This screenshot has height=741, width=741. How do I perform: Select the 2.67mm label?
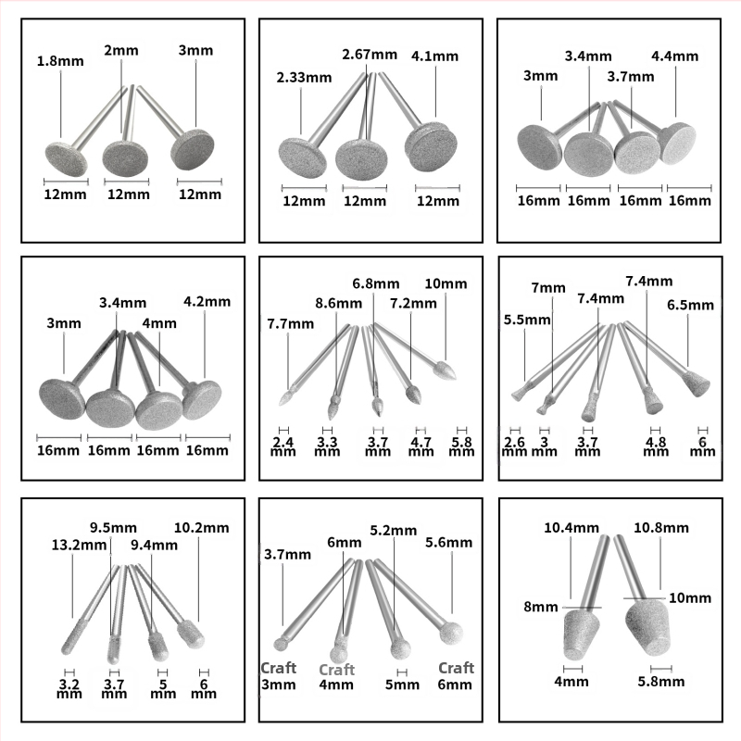pyautogui.click(x=370, y=55)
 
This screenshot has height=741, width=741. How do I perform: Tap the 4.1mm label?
pyautogui.click(x=433, y=56)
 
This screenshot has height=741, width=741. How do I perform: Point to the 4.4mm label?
pyautogui.click(x=675, y=56)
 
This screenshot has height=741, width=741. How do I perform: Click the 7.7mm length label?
pyautogui.click(x=288, y=324)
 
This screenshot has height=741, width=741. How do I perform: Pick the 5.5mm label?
pyautogui.click(x=526, y=320)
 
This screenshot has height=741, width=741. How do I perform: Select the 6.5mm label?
pyautogui.click(x=690, y=305)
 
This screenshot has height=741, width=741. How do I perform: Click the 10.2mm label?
pyautogui.click(x=201, y=528)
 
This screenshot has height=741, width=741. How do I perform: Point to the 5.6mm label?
pyautogui.click(x=449, y=544)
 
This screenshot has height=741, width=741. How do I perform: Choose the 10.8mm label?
pyautogui.click(x=660, y=527)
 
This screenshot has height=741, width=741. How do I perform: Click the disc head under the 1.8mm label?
pyautogui.click(x=65, y=158)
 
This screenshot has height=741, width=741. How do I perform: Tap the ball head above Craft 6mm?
pyautogui.click(x=450, y=635)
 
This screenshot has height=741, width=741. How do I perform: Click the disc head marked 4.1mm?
pyautogui.click(x=429, y=146)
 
